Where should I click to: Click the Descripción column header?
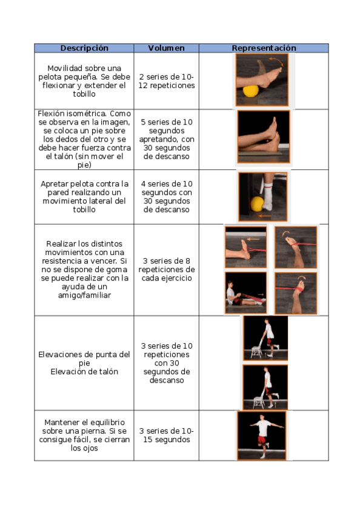[84, 48]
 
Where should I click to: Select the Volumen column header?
[166, 48]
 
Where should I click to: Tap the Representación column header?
[264, 48]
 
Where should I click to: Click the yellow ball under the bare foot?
[251, 91]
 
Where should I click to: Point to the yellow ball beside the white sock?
[258, 203]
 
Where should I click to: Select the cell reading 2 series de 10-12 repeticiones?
[167, 81]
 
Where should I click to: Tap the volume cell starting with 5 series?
[167, 139]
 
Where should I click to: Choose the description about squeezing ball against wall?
[84, 196]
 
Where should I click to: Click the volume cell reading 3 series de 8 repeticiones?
[167, 269]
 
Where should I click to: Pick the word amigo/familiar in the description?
[84, 295]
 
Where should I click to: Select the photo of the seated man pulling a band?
[245, 293]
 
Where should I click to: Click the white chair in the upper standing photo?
[256, 349]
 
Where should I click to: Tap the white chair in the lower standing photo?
[259, 399]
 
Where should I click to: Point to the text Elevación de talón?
[84, 372]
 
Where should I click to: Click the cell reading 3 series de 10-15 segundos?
[167, 435]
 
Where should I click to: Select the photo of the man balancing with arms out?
[262, 435]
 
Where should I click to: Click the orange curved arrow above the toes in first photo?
[277, 61]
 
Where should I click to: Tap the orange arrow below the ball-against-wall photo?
[265, 216]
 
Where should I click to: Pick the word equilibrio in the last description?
[107, 422]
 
